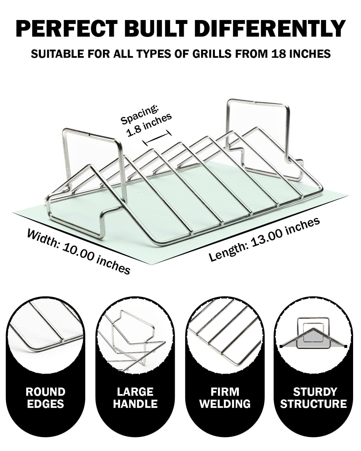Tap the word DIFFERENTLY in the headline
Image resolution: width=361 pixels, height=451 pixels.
tap(271, 28)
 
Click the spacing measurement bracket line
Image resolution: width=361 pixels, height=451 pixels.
tap(157, 138)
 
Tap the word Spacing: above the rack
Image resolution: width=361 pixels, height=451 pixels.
tap(140, 115)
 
